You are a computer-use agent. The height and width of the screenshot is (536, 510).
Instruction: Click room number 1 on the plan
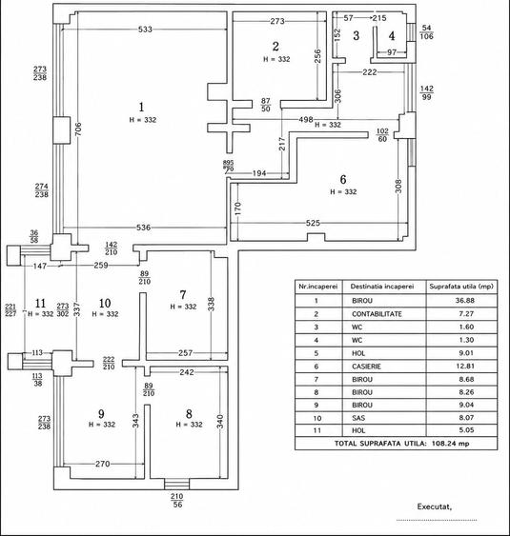pyautogui.click(x=141, y=107)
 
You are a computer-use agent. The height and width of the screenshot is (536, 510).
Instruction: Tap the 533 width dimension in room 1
pyautogui.click(x=145, y=30)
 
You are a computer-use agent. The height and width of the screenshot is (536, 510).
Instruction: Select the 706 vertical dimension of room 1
pyautogui.click(x=78, y=129)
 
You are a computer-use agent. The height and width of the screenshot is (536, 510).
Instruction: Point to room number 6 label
pyautogui.click(x=343, y=179)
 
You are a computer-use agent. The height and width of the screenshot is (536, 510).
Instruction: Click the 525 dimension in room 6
pyautogui.click(x=313, y=223)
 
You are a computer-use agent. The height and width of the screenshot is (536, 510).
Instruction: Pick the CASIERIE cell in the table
pyautogui.click(x=366, y=367)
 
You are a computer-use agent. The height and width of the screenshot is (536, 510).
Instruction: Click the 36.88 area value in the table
pyautogui.click(x=465, y=301)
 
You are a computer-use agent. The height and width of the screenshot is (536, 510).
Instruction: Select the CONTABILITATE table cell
pyautogui.click(x=377, y=314)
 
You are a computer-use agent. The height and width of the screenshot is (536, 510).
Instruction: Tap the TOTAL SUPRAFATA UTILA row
pyautogui.click(x=401, y=444)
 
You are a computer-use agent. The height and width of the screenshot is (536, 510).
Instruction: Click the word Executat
pyautogui.click(x=435, y=506)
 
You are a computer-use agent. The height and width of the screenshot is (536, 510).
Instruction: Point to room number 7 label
pyautogui.click(x=183, y=294)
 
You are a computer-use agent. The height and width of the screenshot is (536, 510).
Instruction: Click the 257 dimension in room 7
pyautogui.click(x=185, y=353)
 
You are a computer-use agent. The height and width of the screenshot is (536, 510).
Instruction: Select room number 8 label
pyautogui.click(x=189, y=413)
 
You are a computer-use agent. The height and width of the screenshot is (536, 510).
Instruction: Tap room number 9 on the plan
pyautogui.click(x=101, y=413)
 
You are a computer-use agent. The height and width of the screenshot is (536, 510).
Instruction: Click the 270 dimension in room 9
pyautogui.click(x=103, y=464)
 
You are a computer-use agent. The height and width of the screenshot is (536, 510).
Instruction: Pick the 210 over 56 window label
pyautogui.click(x=177, y=500)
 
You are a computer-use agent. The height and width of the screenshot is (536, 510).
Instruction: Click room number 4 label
pyautogui.click(x=392, y=36)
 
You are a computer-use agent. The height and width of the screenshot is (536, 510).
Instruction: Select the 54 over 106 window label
pyautogui.click(x=426, y=32)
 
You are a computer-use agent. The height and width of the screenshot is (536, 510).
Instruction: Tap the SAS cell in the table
pyautogui.click(x=358, y=418)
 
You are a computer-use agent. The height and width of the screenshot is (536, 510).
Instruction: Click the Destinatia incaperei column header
pyautogui.click(x=382, y=287)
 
